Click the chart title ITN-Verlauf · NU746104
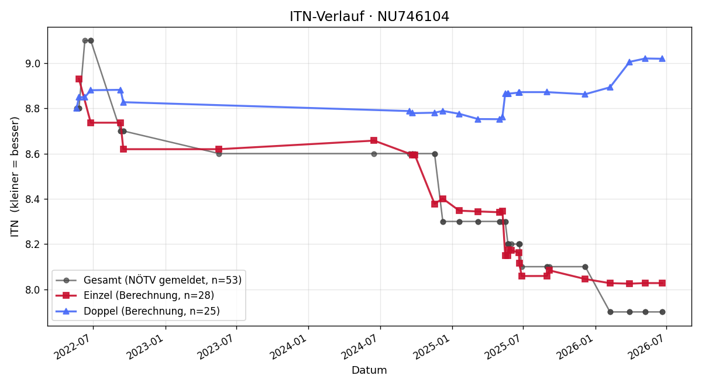click(369, 16)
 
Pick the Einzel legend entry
click(135, 295)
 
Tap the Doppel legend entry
click(137, 311)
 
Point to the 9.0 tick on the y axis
click(33, 64)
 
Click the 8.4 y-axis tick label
click(33, 199)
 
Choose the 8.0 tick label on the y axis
click(33, 290)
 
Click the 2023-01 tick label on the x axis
click(147, 346)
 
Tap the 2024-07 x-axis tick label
click(362, 346)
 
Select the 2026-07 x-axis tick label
click(648, 346)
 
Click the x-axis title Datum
click(369, 370)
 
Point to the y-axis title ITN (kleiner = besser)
click(15, 177)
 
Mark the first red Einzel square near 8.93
click(79, 79)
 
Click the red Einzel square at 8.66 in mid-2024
click(374, 140)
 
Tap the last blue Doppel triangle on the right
click(662, 58)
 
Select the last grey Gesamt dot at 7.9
click(662, 312)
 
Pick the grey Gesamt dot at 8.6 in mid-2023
click(219, 154)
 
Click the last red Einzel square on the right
click(662, 283)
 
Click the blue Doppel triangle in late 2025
click(585, 94)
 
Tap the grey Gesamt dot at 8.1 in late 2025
click(585, 267)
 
